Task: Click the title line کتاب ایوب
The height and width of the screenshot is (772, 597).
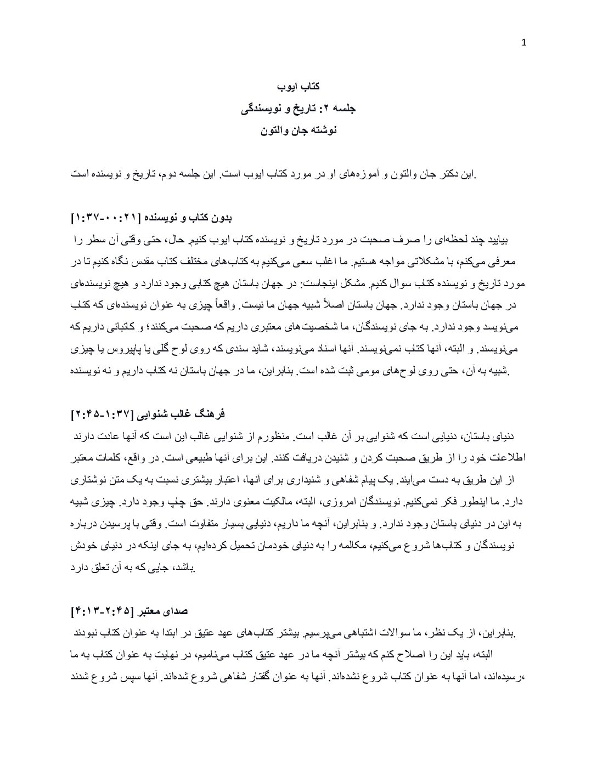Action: click(298, 87)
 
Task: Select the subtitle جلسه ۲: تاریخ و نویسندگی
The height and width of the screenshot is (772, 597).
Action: click(298, 109)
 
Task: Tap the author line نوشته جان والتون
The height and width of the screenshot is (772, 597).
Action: click(298, 130)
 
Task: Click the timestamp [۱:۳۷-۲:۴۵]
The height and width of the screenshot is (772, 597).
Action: click(105, 414)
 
